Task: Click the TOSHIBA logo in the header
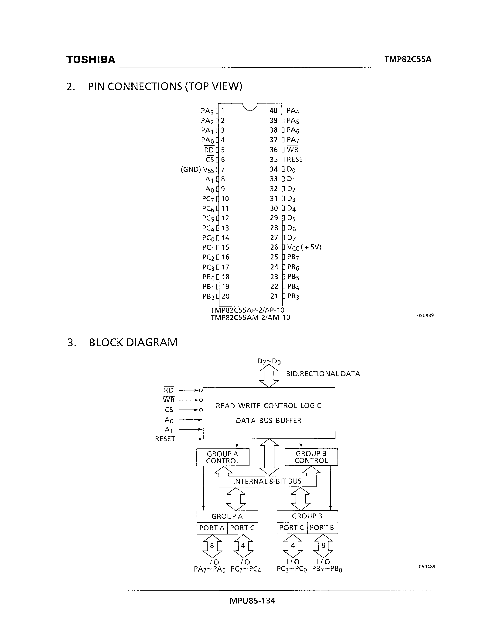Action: click(91, 60)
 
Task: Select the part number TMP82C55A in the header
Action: click(408, 60)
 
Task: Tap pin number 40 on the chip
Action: click(273, 111)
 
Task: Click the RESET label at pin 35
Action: click(297, 159)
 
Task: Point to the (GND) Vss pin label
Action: click(197, 170)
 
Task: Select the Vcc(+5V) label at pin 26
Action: click(304, 247)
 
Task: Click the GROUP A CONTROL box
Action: click(222, 457)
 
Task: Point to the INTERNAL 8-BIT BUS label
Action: click(267, 481)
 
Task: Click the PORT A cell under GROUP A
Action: click(212, 528)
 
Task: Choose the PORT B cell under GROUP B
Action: click(322, 528)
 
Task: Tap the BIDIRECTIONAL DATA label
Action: click(323, 374)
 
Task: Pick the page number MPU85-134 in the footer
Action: click(252, 600)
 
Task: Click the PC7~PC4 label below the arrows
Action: click(246, 570)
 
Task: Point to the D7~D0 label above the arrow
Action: click(269, 361)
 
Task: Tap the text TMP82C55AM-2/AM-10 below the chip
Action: click(250, 317)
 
